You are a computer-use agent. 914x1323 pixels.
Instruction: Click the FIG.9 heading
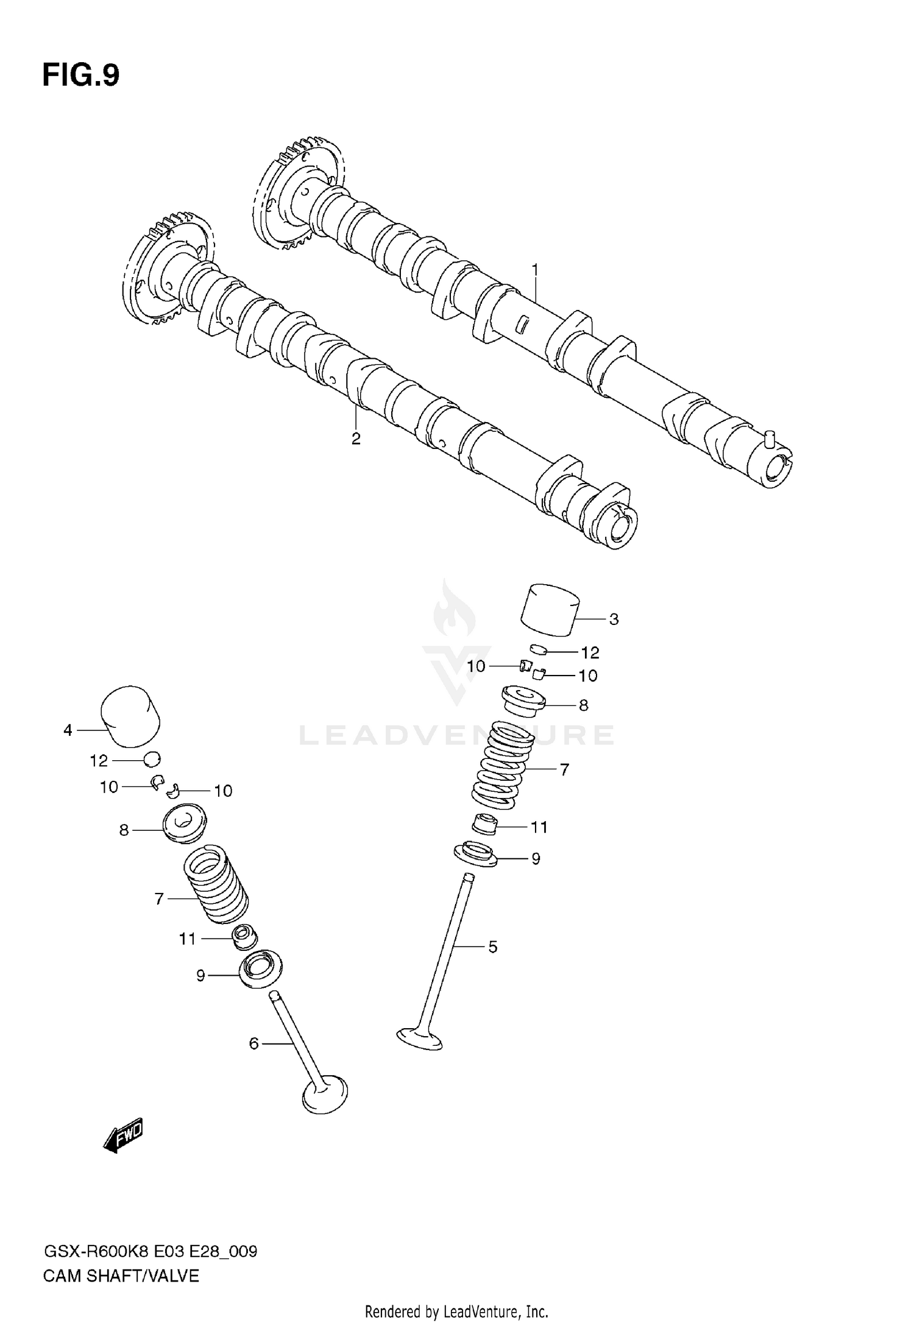click(81, 76)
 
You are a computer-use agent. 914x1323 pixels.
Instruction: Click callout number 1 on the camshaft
click(535, 269)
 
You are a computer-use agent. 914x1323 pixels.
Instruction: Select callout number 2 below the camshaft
click(356, 439)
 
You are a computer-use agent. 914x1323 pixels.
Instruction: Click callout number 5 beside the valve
click(492, 947)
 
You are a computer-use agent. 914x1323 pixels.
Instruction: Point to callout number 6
click(254, 1043)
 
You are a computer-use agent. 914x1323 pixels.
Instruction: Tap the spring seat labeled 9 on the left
click(261, 970)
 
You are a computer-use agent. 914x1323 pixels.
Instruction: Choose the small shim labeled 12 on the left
click(152, 759)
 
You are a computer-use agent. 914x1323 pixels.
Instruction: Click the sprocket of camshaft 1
click(297, 192)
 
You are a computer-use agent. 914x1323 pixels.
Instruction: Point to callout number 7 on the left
click(159, 898)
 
